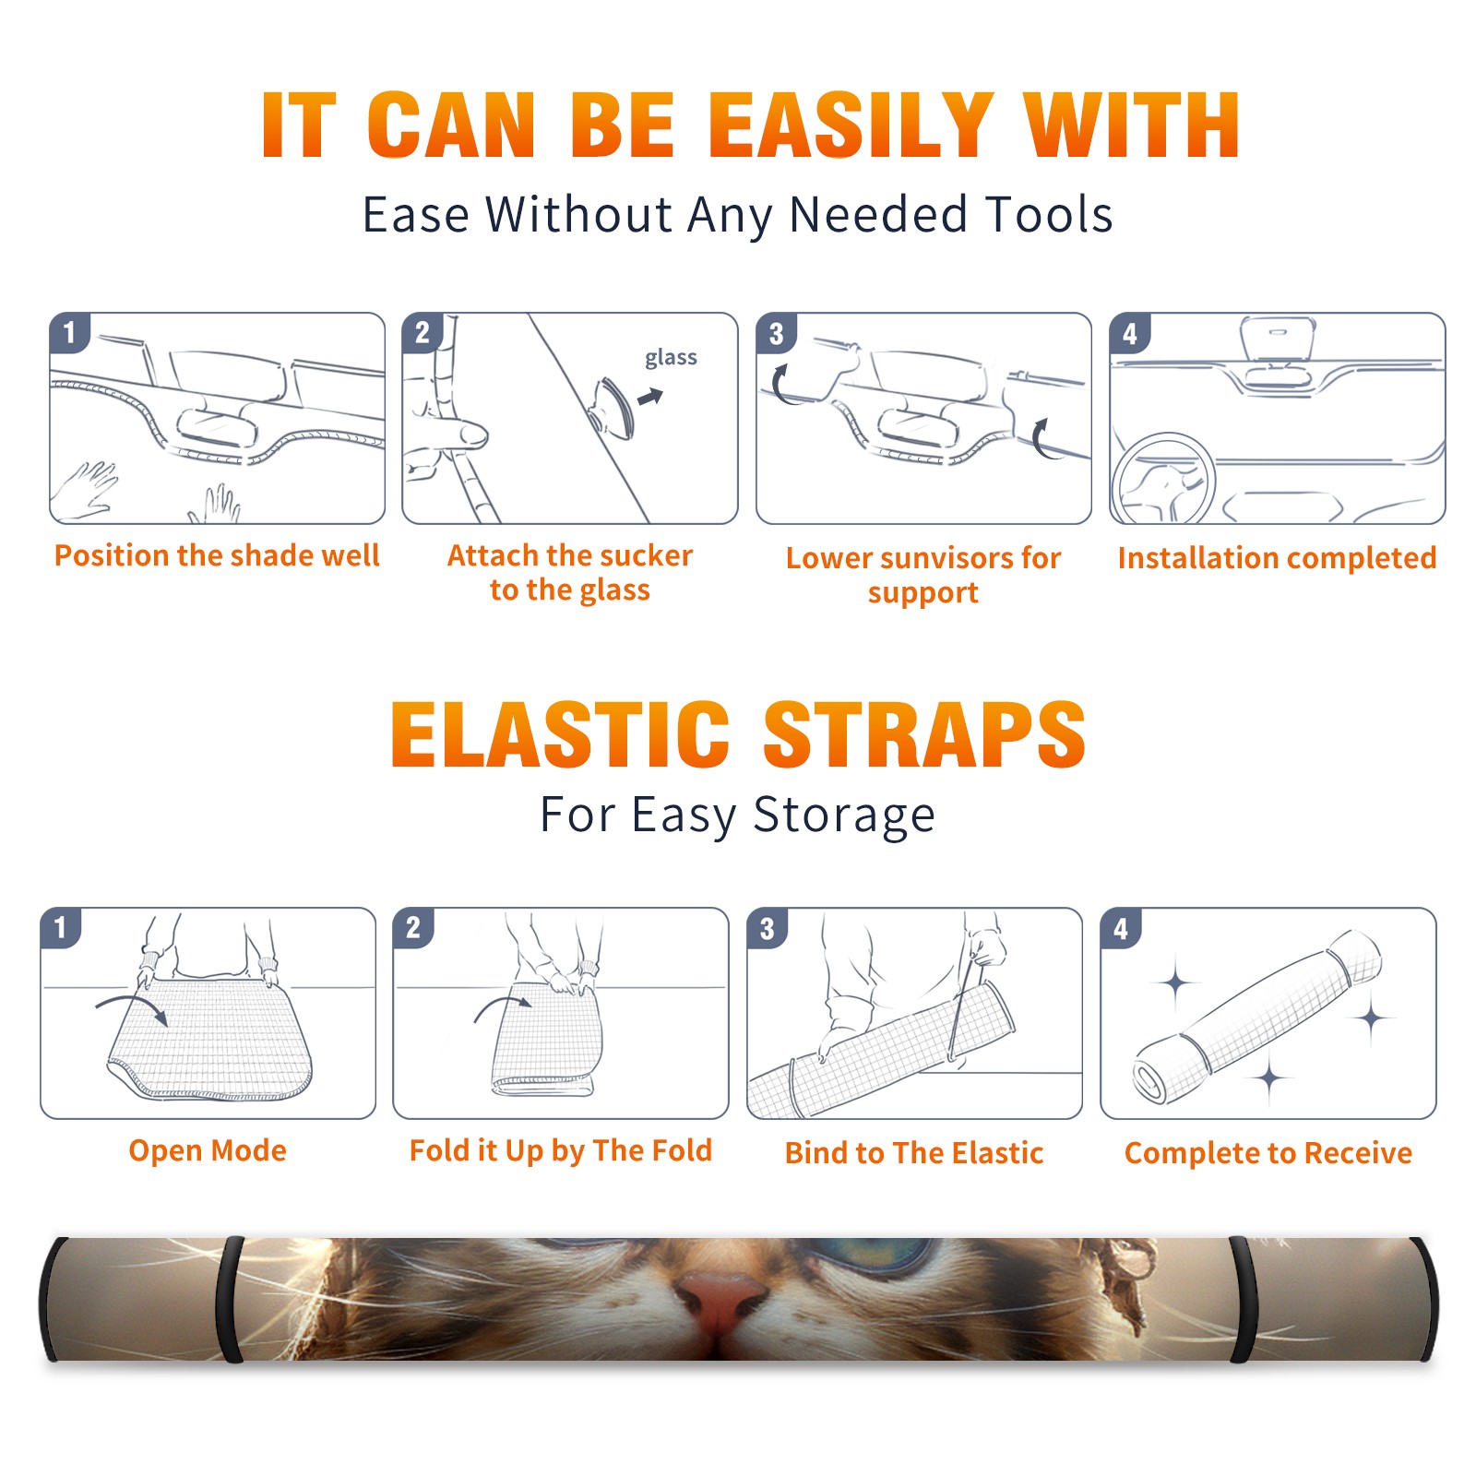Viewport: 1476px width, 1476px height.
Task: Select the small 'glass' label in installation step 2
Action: [x=671, y=358]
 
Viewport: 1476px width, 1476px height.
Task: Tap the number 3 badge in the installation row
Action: [x=777, y=333]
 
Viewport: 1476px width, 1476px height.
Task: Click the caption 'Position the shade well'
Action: [x=217, y=555]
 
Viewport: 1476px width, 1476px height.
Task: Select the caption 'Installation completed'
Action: [x=1277, y=557]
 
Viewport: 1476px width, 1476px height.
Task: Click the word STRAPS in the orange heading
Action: [x=924, y=734]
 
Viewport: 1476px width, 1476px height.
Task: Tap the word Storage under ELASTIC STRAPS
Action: [x=844, y=815]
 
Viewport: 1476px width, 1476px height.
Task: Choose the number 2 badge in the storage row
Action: [x=413, y=927]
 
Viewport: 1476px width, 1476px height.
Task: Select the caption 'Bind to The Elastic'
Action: [x=914, y=1152]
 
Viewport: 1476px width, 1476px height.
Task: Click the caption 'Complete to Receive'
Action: [x=1268, y=1152]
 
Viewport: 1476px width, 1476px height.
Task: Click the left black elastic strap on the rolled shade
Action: [x=232, y=1300]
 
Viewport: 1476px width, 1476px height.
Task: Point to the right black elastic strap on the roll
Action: [x=1242, y=1300]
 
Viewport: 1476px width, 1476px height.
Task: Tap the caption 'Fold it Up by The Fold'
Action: [x=561, y=1150]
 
